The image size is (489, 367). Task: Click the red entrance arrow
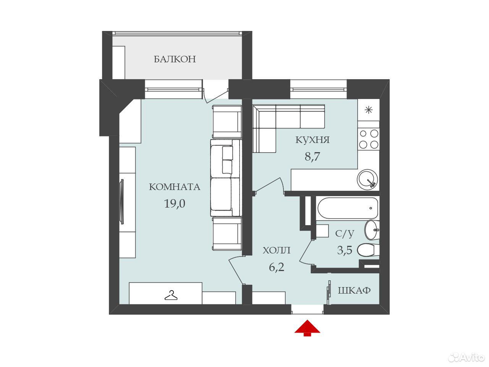307,328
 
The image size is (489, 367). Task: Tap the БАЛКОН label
175,59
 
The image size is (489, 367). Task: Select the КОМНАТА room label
175,187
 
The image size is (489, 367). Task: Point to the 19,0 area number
175,204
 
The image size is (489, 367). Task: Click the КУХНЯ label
313,140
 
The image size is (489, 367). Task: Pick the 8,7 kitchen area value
313,156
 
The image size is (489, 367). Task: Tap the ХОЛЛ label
277,250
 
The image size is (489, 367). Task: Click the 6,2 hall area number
277,267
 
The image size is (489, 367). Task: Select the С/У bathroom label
345,234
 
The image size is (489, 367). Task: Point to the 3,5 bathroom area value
345,250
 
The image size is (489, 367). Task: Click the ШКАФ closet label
354,290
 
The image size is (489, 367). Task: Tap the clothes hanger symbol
171,295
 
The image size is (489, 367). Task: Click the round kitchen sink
368,179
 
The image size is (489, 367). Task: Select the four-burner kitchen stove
369,139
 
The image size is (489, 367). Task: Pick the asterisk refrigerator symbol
369,110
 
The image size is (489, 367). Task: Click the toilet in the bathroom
368,250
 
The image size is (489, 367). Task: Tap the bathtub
348,208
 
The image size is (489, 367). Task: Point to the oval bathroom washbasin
371,230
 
